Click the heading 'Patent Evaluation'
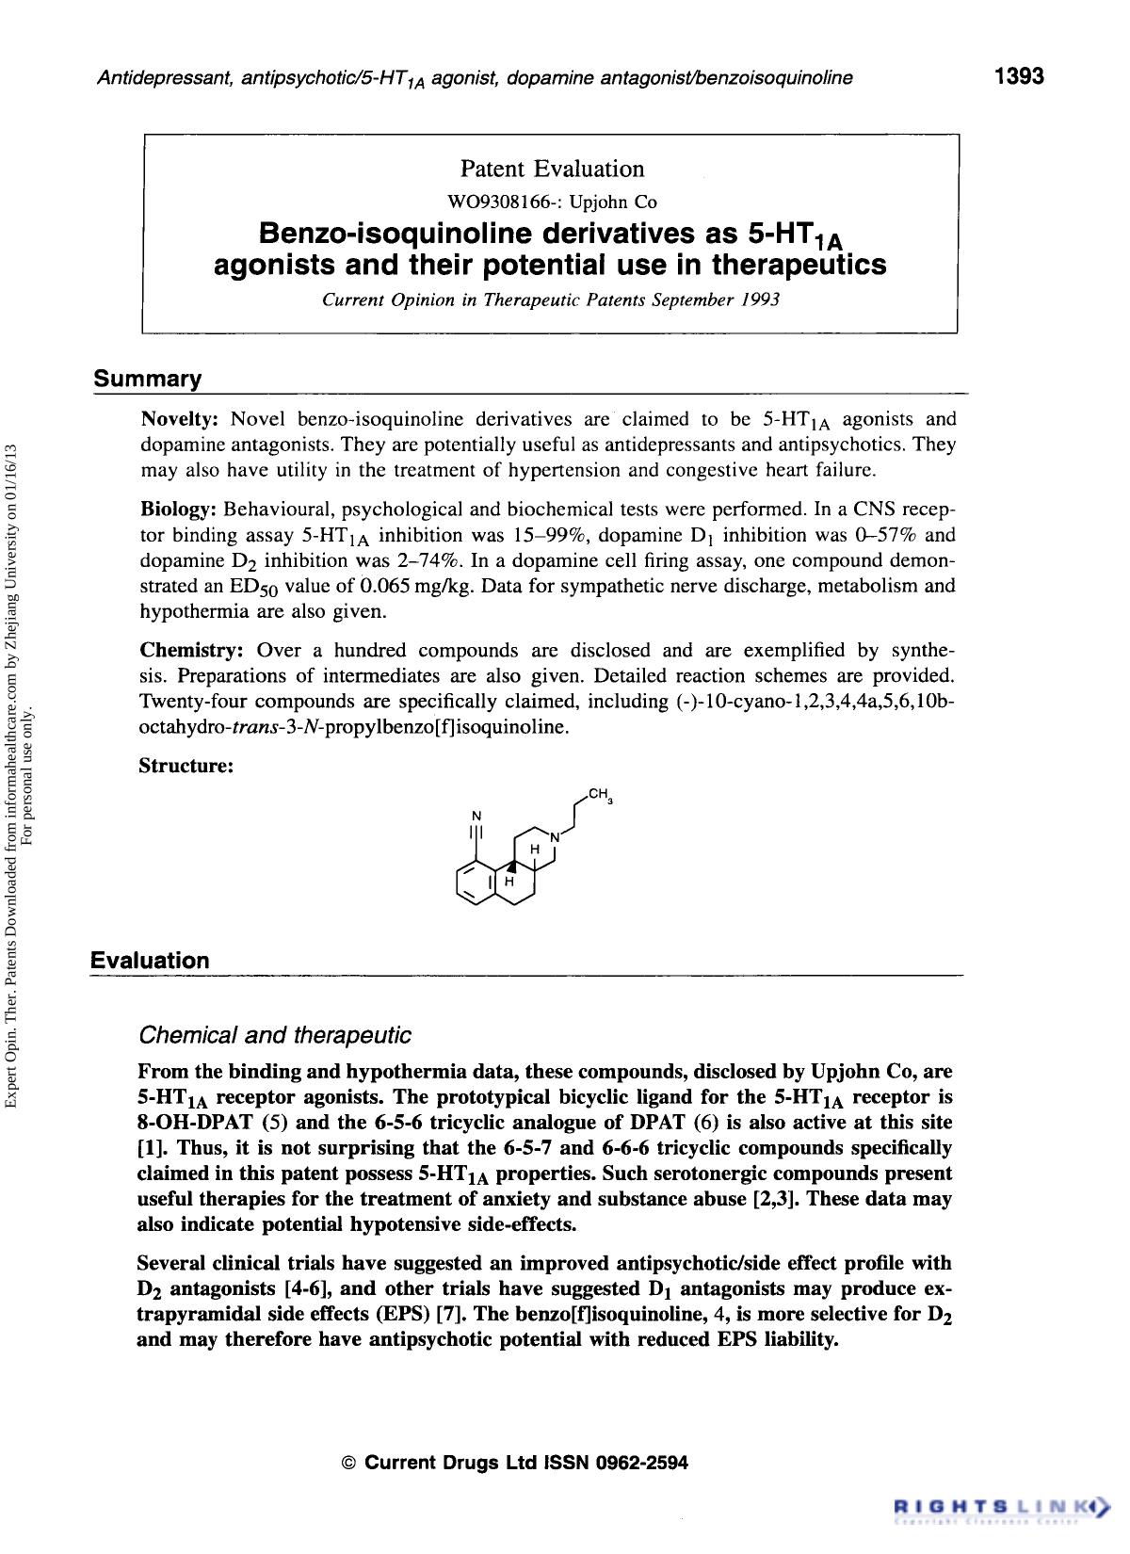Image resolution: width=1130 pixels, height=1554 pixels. [552, 169]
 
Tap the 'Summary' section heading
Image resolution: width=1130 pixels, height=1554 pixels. [147, 380]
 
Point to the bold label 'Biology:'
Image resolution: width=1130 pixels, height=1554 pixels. [178, 510]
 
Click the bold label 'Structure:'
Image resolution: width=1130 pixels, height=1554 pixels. [186, 766]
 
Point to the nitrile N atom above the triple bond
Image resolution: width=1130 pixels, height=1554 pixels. [476, 815]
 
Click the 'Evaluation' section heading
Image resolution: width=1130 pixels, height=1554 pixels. [150, 961]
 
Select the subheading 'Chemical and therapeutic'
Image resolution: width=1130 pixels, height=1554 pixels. [274, 1036]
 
